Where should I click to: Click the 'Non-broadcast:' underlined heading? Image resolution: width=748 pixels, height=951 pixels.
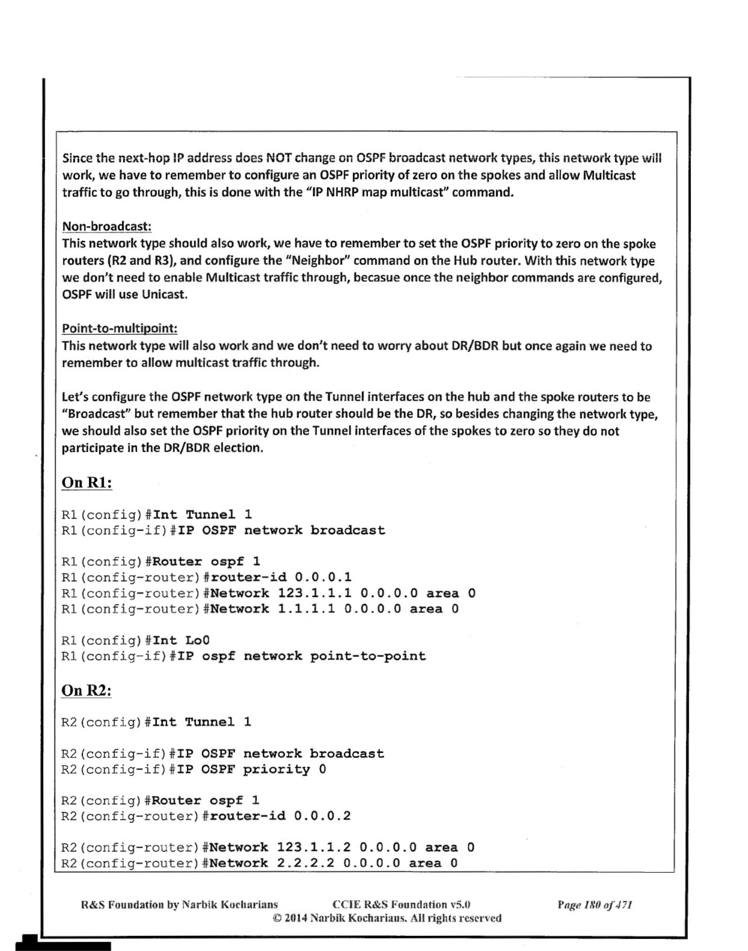tap(106, 226)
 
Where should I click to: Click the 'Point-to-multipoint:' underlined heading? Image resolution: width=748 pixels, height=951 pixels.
tap(119, 329)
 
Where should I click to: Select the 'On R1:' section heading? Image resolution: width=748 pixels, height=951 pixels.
tap(86, 483)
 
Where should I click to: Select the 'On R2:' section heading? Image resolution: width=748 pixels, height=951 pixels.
tap(86, 691)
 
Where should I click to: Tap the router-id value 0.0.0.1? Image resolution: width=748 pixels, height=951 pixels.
tap(323, 577)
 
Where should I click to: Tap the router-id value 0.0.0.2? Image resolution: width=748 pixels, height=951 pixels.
tap(322, 816)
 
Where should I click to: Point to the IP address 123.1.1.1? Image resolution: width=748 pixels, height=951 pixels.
tap(314, 593)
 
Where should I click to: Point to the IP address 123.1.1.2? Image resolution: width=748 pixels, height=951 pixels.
tap(314, 848)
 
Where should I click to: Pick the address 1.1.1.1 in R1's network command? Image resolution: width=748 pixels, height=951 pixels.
tap(306, 609)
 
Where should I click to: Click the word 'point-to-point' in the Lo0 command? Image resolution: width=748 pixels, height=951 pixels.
tap(367, 656)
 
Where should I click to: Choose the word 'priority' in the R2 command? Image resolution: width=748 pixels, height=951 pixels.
tap(276, 769)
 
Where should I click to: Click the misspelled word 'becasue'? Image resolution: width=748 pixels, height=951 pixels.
tap(376, 278)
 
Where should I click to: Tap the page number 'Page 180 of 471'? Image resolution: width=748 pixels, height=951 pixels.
tap(595, 905)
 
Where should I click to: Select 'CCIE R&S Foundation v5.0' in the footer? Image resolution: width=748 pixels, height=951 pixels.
tap(401, 905)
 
